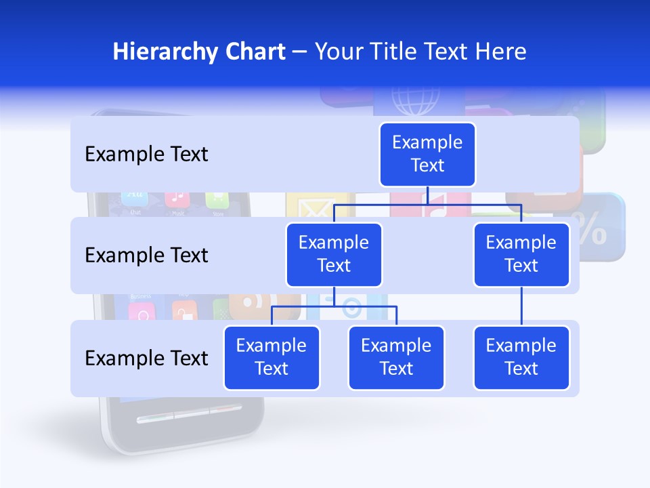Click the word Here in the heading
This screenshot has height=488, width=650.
(x=500, y=52)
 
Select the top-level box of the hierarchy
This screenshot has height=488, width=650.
(x=427, y=154)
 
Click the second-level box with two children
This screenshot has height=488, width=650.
(x=334, y=254)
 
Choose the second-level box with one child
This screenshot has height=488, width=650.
(x=521, y=254)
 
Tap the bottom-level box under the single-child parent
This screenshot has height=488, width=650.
(x=521, y=357)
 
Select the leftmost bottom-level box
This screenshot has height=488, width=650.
(x=272, y=357)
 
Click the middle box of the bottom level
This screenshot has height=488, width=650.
(x=396, y=357)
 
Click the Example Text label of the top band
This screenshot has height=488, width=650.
(x=146, y=154)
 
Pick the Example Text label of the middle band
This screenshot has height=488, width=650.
(x=146, y=255)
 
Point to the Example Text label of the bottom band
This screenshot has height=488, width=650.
(x=146, y=358)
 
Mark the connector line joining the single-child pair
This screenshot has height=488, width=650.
(x=521, y=306)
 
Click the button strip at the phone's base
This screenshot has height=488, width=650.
(x=189, y=414)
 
